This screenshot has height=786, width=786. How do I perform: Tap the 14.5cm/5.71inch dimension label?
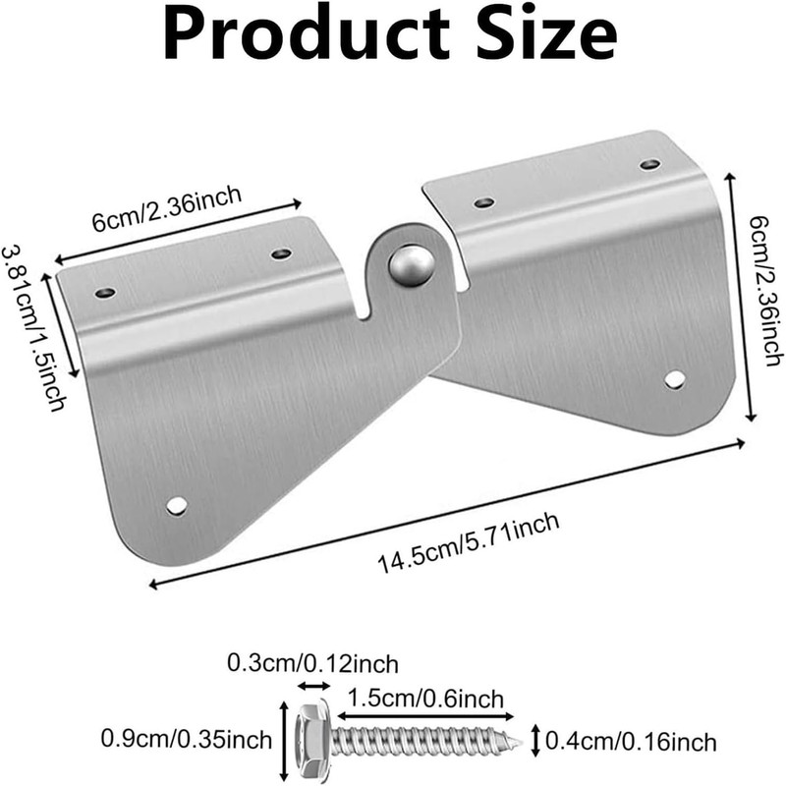click(x=469, y=542)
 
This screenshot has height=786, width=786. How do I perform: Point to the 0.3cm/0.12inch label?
click(x=313, y=663)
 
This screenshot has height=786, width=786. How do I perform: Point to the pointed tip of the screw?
click(x=517, y=740)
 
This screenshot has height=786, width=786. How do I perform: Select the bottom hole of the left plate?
click(x=177, y=505)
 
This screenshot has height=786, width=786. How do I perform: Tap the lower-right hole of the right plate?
click(x=674, y=378)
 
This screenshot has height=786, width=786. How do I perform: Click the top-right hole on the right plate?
click(x=649, y=164)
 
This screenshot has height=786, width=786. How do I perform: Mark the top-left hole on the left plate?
click(x=105, y=293)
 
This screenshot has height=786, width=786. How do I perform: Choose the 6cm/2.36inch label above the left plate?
click(x=167, y=207)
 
